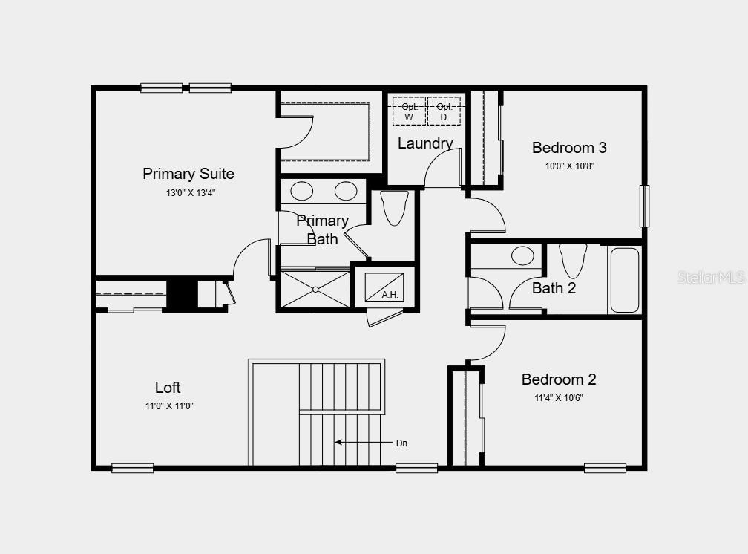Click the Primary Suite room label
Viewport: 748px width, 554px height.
[188, 174]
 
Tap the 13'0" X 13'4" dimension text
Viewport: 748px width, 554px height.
[191, 192]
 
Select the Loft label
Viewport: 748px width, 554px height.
[168, 388]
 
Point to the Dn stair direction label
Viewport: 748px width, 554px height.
[401, 443]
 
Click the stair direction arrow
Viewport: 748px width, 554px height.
[357, 442]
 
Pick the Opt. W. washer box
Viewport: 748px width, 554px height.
[409, 111]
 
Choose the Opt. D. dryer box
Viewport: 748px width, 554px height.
[444, 111]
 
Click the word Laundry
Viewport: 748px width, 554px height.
[425, 143]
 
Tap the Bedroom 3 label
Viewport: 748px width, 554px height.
[569, 148]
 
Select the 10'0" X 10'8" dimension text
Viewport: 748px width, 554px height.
[570, 166]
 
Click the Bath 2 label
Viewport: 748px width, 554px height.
[554, 288]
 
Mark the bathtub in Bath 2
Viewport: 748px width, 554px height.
[623, 280]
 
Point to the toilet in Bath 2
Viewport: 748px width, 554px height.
[573, 261]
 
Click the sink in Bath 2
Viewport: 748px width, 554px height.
[522, 256]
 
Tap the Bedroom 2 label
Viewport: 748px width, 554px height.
[559, 379]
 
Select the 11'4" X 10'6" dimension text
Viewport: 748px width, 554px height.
[559, 397]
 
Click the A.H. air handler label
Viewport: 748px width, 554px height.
[390, 295]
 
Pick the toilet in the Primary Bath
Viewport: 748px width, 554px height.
[394, 207]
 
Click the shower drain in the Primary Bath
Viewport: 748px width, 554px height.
[315, 289]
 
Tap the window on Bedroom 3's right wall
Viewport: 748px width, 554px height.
[644, 206]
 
